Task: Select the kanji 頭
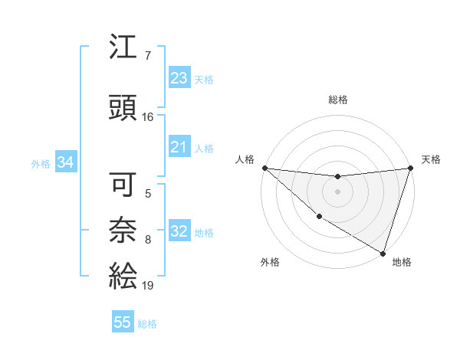123,107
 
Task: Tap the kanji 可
123,185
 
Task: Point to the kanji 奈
123,228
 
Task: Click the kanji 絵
123,274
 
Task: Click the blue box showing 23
179,78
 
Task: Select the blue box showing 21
179,147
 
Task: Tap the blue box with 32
179,232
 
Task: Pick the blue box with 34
65,162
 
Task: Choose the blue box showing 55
123,322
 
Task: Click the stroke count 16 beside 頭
148,117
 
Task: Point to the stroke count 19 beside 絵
148,286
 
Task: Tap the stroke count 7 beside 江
148,56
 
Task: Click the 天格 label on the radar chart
431,159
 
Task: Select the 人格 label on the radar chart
245,159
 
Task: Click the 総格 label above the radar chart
337,100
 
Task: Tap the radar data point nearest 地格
383,252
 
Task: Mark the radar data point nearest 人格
264,168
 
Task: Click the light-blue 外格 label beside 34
41,163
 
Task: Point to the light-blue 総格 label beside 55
147,323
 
